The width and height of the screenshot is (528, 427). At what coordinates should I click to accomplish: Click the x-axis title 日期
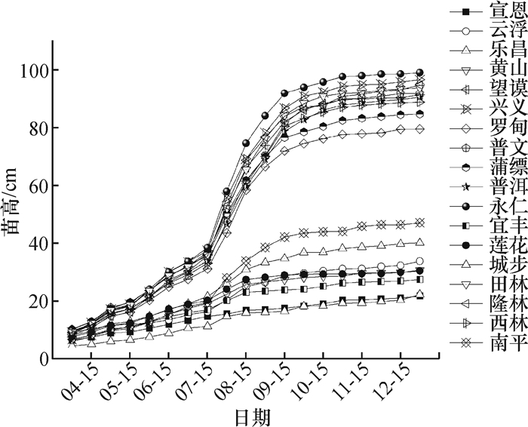(x=253, y=416)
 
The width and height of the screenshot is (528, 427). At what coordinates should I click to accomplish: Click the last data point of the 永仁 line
(x=420, y=72)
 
